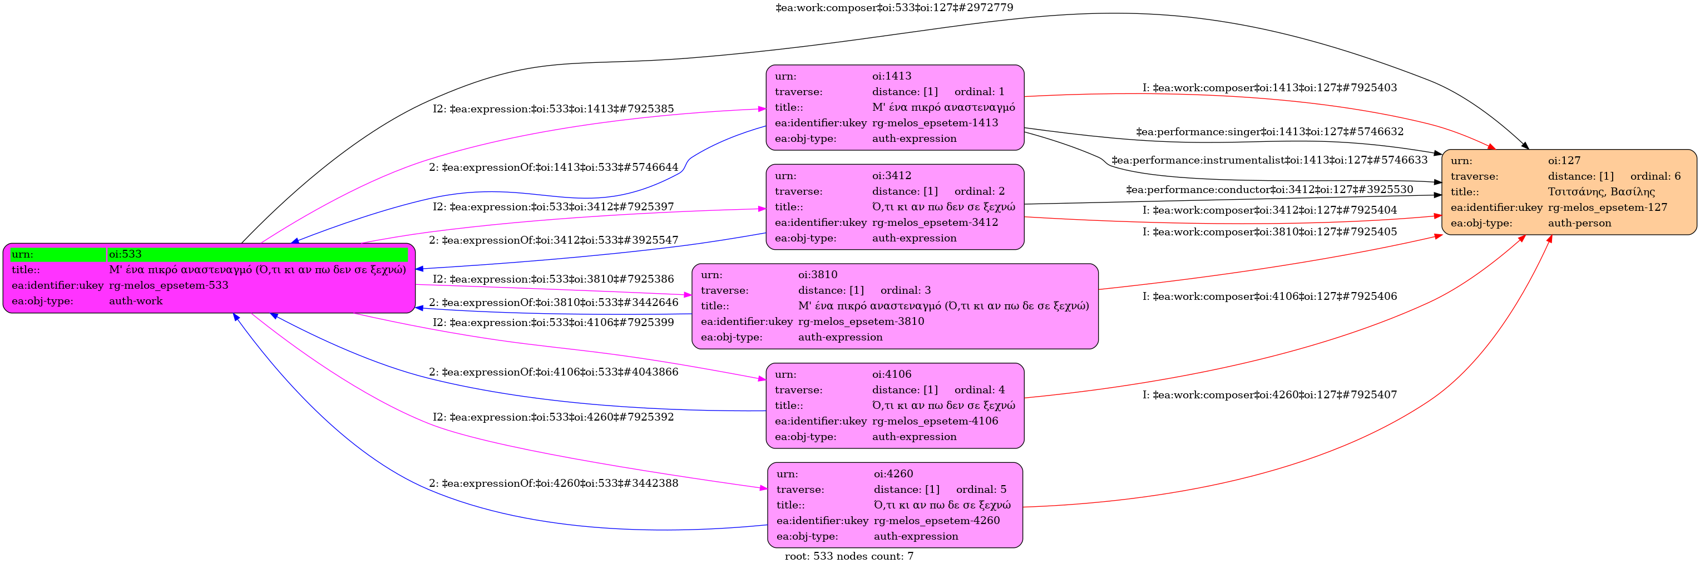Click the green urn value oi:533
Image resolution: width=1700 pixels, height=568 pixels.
tap(125, 254)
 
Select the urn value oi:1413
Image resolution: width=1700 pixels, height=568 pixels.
tap(892, 76)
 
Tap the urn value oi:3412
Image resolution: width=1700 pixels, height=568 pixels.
tap(892, 175)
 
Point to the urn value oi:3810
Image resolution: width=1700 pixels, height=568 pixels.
tap(818, 274)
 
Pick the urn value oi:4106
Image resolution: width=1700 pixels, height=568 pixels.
tap(892, 374)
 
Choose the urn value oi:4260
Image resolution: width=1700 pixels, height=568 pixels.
tap(893, 473)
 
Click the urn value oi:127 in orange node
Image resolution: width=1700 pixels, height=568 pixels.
tap(1564, 160)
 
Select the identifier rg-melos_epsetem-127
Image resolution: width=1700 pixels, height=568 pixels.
tap(1608, 207)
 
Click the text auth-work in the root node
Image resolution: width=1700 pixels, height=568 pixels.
tap(136, 301)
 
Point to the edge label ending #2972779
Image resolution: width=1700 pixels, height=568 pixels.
tap(894, 7)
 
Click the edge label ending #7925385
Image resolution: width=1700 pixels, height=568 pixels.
tap(553, 109)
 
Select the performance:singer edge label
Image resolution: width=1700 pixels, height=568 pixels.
tap(1270, 132)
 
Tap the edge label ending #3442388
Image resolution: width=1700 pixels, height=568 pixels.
tap(553, 483)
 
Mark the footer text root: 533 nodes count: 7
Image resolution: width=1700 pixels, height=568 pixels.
tap(849, 556)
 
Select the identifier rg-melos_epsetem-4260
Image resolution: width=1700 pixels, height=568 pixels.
tap(936, 521)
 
